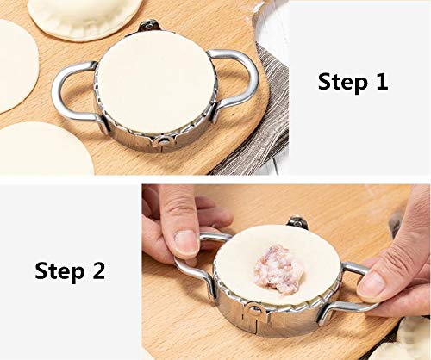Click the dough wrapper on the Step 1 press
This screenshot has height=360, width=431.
[x=155, y=82]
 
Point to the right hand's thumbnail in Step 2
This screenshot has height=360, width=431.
[x=372, y=283]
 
